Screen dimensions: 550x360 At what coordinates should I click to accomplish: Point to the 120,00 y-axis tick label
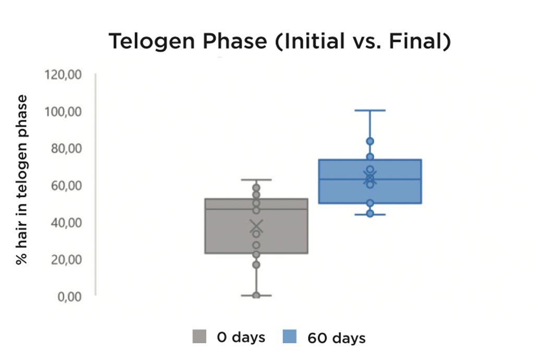click(x=63, y=75)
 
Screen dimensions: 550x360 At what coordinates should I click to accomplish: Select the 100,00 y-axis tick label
click(x=63, y=112)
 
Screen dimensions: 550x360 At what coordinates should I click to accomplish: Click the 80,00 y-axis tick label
click(x=66, y=148)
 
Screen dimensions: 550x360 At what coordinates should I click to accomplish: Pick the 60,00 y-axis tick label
click(x=66, y=186)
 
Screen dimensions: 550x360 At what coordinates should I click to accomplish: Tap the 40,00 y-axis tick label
click(x=66, y=222)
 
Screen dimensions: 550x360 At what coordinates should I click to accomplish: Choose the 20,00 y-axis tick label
click(x=66, y=260)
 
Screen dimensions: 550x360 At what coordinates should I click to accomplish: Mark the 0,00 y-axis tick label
click(x=69, y=297)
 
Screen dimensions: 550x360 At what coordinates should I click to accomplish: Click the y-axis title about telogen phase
click(x=21, y=179)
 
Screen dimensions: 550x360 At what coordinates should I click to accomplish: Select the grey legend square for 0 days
click(x=199, y=336)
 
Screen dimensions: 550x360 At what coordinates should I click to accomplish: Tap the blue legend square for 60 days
click(x=290, y=336)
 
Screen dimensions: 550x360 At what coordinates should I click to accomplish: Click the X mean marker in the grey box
click(x=256, y=226)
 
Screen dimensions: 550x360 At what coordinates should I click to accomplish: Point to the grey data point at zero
click(x=256, y=295)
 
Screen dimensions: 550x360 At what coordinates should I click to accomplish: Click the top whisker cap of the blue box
click(x=370, y=111)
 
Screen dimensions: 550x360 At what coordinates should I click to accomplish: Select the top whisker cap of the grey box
click(x=256, y=180)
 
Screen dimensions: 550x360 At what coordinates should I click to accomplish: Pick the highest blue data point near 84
click(x=370, y=141)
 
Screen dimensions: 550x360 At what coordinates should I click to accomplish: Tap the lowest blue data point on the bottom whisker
click(x=370, y=213)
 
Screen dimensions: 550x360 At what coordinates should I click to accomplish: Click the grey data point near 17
click(x=256, y=265)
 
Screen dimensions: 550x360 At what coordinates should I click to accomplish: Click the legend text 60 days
click(x=337, y=338)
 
